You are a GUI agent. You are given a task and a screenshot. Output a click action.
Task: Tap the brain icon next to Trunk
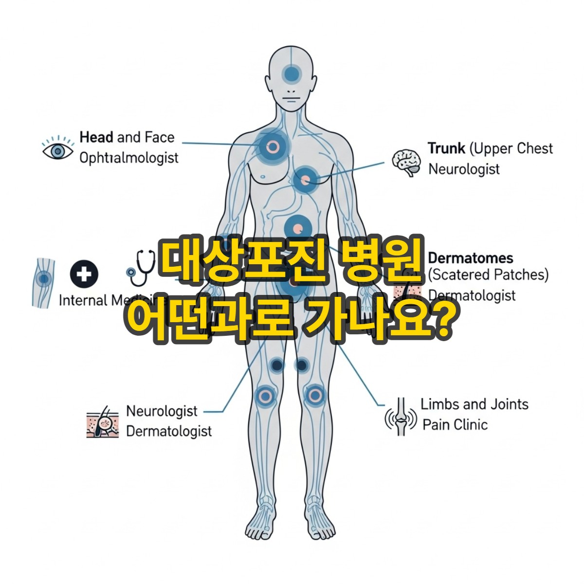407,162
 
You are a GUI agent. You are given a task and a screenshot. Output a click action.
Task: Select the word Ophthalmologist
129,158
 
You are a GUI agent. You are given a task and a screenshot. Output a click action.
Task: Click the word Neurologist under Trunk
464,169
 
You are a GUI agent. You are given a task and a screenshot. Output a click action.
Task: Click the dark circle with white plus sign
84,274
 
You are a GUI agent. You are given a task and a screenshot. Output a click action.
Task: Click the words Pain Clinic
455,424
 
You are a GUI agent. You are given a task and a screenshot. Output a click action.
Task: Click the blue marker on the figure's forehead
292,74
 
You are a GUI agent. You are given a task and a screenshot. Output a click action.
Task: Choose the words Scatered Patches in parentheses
488,274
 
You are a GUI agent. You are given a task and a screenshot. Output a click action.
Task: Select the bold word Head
96,137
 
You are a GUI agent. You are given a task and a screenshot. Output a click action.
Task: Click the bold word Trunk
446,148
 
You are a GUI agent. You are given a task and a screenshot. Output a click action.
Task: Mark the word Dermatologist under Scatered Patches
472,295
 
